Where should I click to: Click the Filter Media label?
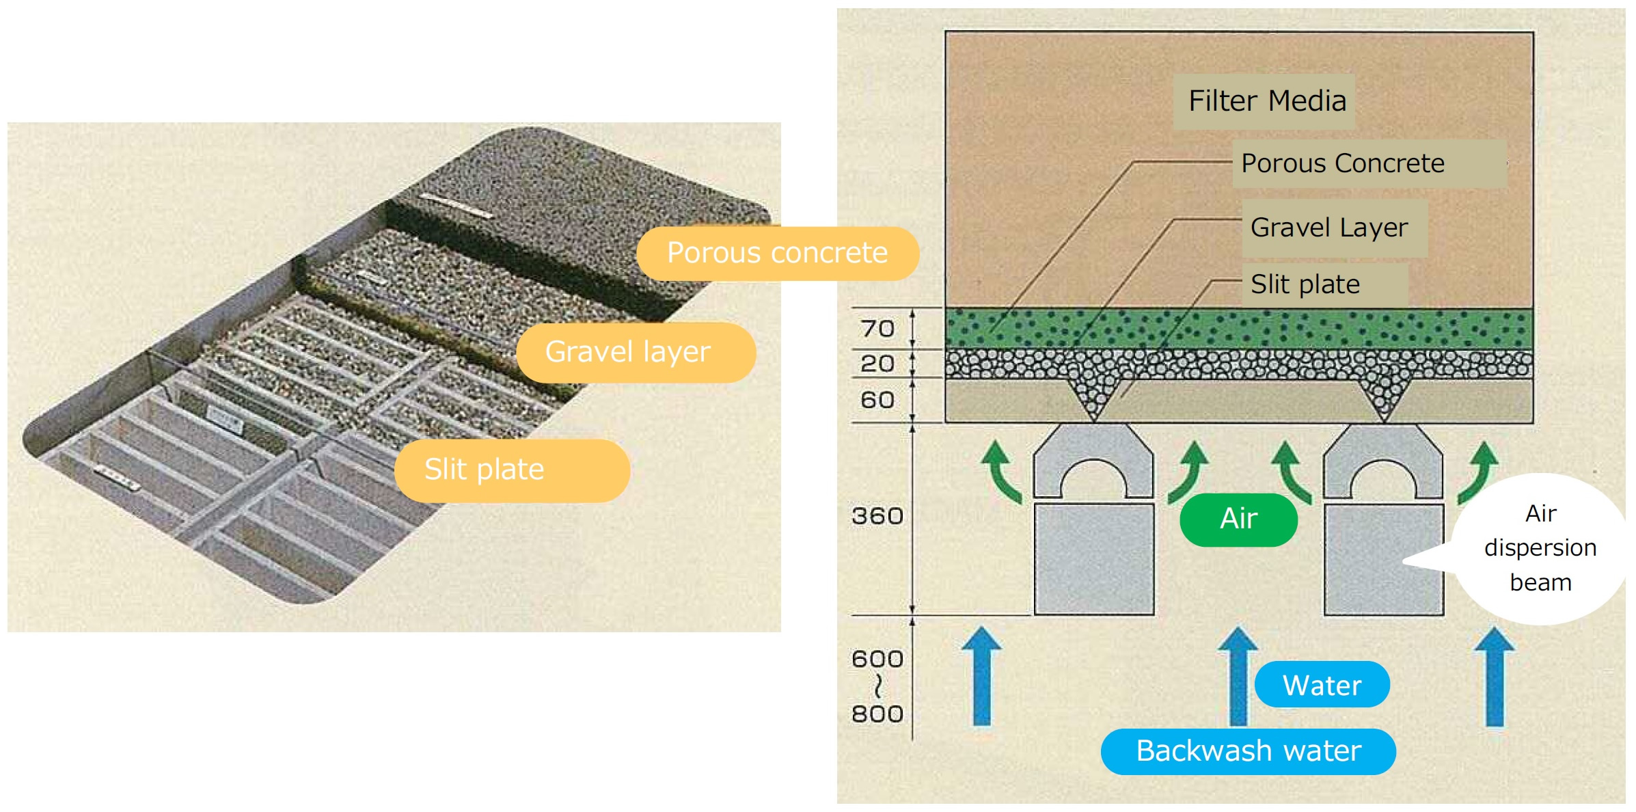tap(1266, 101)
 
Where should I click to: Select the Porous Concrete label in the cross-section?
tap(1342, 164)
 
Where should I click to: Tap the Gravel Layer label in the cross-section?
tap(1328, 228)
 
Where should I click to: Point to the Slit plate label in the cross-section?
tap(1305, 284)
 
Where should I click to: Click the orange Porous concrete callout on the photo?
tap(777, 254)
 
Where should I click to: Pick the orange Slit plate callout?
tap(485, 470)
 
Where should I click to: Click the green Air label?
tap(1238, 519)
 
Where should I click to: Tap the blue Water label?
tap(1322, 685)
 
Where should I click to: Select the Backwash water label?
tap(1249, 751)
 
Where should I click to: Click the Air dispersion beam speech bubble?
tap(1540, 548)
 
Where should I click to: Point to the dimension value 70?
tap(877, 329)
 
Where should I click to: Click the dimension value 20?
tap(877, 364)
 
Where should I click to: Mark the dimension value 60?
tap(877, 400)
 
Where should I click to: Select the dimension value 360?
tap(877, 516)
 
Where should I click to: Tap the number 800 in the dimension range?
tap(877, 714)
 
